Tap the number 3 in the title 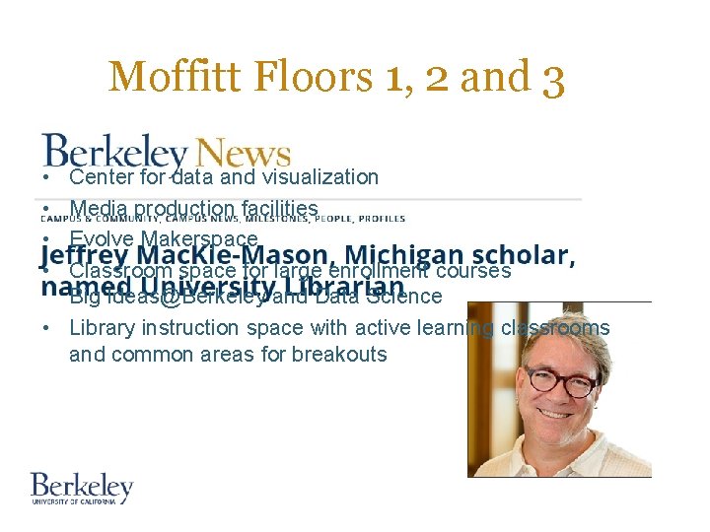[x=552, y=79]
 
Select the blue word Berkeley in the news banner [x=114, y=153]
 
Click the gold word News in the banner [x=243, y=153]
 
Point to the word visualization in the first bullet [x=315, y=177]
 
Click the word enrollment [x=378, y=270]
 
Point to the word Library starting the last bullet [x=103, y=328]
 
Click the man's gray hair [x=557, y=330]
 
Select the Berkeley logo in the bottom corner [x=82, y=489]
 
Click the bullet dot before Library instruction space [x=46, y=328]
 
